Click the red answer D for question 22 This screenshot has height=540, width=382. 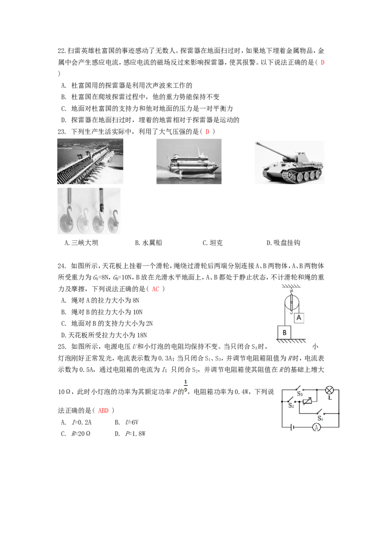pyautogui.click(x=322, y=62)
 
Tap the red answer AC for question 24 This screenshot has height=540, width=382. pyautogui.click(x=156, y=289)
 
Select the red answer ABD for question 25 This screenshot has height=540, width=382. pyautogui.click(x=104, y=411)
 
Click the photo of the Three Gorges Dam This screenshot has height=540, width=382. pyautogui.click(x=90, y=161)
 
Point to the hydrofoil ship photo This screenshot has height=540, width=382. pyautogui.click(x=189, y=161)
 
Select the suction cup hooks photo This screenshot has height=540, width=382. pyautogui.click(x=89, y=211)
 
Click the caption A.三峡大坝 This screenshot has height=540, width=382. pyautogui.click(x=81, y=243)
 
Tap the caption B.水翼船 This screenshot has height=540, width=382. pyautogui.click(x=148, y=243)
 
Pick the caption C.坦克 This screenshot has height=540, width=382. pyautogui.click(x=212, y=243)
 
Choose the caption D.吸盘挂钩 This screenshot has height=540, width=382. pyautogui.click(x=284, y=243)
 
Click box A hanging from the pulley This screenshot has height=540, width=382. pyautogui.click(x=299, y=318)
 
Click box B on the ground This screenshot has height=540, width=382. pyautogui.click(x=285, y=332)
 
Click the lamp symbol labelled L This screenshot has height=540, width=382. pyautogui.click(x=329, y=390)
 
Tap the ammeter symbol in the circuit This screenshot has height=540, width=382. pyautogui.click(x=317, y=427)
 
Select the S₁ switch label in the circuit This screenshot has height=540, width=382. pyautogui.click(x=320, y=418)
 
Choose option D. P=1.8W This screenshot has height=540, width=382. pyautogui.click(x=130, y=434)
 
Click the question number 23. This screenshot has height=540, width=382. pyautogui.click(x=62, y=132)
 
